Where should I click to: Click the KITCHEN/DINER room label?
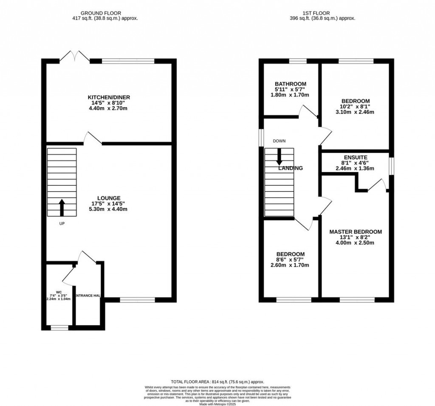pos(109,97)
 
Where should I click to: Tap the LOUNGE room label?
pos(109,198)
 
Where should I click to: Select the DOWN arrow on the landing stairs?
pos(279,156)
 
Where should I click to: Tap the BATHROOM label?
pos(290,84)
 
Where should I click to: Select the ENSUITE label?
pos(355,157)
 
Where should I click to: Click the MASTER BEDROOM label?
pos(356,232)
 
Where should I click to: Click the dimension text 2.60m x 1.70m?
pos(290,265)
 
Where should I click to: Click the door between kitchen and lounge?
pos(92,139)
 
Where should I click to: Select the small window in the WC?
pos(59,327)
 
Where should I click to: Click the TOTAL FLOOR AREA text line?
pos(217,382)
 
